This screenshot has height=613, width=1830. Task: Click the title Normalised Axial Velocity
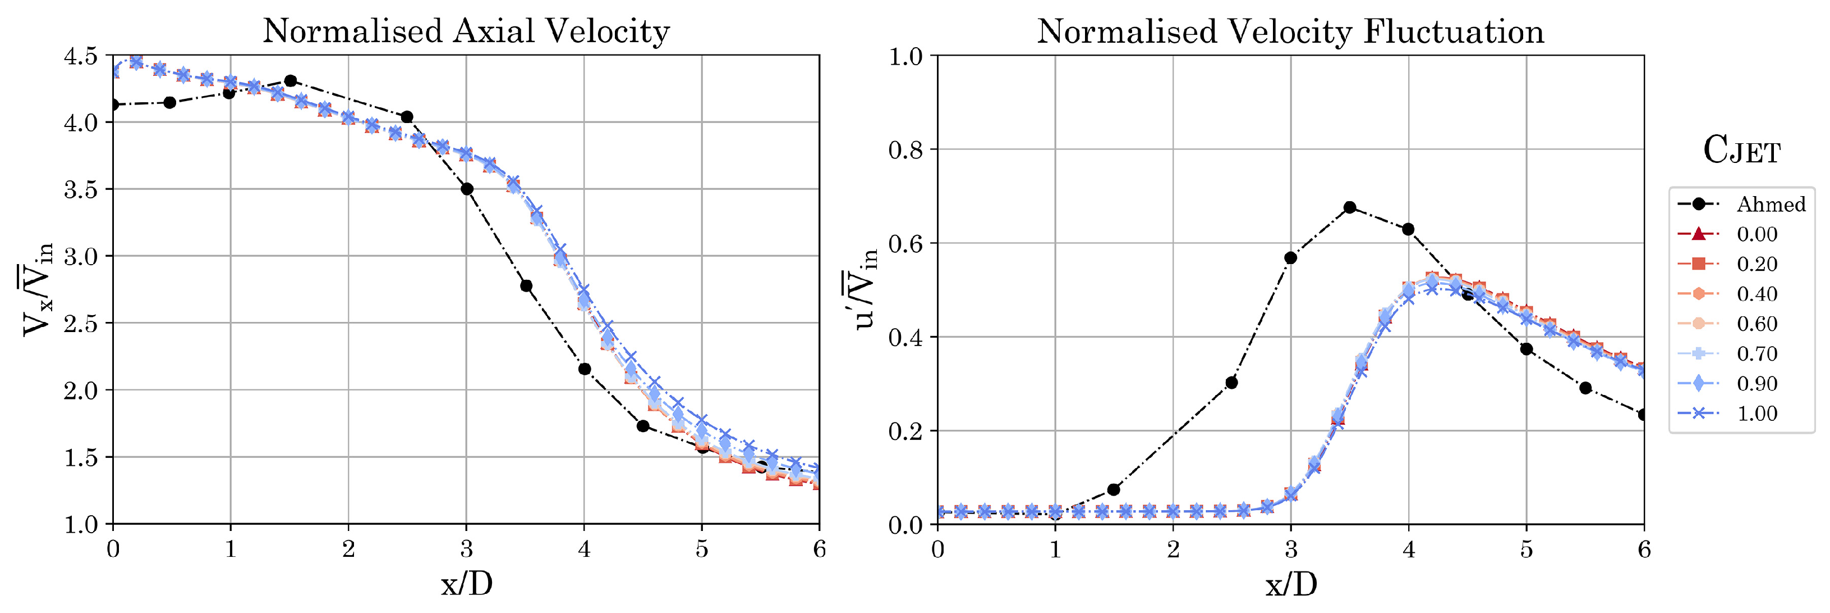[x=466, y=32]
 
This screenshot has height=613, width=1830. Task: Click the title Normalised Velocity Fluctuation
[x=1290, y=32]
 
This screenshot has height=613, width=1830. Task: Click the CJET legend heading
[x=1741, y=151]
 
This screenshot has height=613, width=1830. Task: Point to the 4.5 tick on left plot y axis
[x=80, y=56]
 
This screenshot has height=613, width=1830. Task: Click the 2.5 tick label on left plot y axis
[x=80, y=324]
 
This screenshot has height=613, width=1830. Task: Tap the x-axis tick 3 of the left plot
[x=466, y=549]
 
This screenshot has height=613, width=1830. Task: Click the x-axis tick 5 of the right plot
[x=1526, y=549]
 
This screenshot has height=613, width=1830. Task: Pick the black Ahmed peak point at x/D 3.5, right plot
[x=1350, y=208]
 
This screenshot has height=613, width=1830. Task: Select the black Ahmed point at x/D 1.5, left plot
[x=290, y=81]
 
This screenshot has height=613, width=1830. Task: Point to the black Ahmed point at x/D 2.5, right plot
[x=1232, y=383]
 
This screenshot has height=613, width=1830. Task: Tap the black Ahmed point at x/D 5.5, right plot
[x=1585, y=388]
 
